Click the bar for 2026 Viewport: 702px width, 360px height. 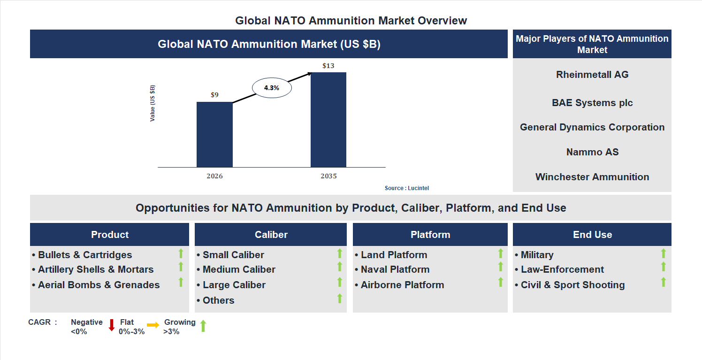point(214,134)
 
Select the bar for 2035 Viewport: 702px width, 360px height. point(328,120)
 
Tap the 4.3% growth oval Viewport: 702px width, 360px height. point(272,88)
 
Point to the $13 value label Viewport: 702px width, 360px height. point(328,66)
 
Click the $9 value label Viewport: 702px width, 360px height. point(214,95)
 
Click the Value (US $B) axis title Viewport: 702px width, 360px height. point(153,103)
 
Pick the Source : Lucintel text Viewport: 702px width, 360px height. point(407,188)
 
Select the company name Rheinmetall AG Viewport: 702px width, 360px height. point(592,75)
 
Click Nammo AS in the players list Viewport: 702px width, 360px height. point(592,152)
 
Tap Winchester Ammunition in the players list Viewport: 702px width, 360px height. point(592,177)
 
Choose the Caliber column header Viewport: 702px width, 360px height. point(271,235)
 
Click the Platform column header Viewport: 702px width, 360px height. point(430,235)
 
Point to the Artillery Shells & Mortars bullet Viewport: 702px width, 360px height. point(96,269)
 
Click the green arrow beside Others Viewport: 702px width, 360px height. point(340,299)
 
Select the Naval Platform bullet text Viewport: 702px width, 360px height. point(395,269)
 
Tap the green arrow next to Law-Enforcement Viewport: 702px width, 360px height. point(663,267)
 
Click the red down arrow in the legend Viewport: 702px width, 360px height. point(112,325)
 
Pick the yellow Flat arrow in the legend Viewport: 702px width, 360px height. point(153,325)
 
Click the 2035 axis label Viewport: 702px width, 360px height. point(328,176)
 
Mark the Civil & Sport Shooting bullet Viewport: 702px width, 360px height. point(572,285)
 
